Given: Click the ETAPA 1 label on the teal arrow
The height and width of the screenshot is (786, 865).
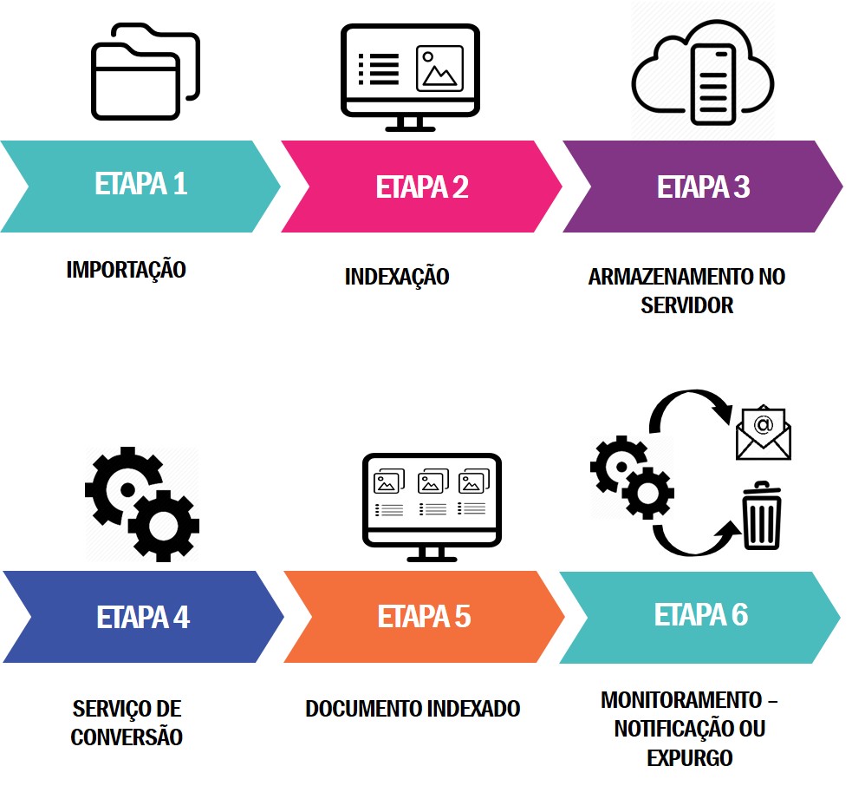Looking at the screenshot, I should (140, 185).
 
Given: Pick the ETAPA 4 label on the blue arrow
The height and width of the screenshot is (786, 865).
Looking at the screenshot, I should (143, 618).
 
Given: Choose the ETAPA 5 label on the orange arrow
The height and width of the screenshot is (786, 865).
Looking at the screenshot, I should (424, 617).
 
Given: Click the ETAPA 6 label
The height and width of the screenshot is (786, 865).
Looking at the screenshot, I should (700, 615).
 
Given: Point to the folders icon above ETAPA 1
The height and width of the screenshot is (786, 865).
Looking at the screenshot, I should (146, 75).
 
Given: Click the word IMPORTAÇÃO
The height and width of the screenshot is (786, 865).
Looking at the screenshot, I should (127, 270).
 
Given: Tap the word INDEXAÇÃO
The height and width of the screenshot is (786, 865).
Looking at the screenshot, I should (397, 278).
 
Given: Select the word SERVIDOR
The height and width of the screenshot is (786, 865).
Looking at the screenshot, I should (687, 305).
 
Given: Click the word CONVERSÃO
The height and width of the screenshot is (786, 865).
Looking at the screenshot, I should (127, 737).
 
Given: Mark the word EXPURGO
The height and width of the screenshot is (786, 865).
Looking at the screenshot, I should (690, 757).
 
